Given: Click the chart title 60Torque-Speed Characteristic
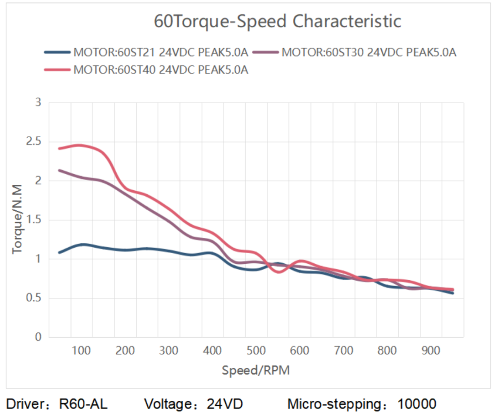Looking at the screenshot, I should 277,21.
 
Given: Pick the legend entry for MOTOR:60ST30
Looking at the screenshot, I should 369,53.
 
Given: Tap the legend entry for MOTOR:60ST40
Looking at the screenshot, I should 160,70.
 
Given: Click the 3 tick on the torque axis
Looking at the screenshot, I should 38,102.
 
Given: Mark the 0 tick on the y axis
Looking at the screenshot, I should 38,337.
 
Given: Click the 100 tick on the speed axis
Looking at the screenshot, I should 82,350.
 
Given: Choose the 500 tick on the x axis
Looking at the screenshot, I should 256,350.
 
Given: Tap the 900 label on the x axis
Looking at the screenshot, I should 431,350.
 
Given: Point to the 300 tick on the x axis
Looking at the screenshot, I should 169,350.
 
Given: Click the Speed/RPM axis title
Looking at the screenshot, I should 256,370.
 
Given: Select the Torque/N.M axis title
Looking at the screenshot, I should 18,219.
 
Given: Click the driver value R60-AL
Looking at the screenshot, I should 83,404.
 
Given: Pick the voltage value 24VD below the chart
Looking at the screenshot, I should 225,404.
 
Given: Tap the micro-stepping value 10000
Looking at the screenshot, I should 417,404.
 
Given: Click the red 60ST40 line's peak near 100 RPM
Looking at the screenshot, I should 79,145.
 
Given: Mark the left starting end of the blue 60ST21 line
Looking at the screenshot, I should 59,253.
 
